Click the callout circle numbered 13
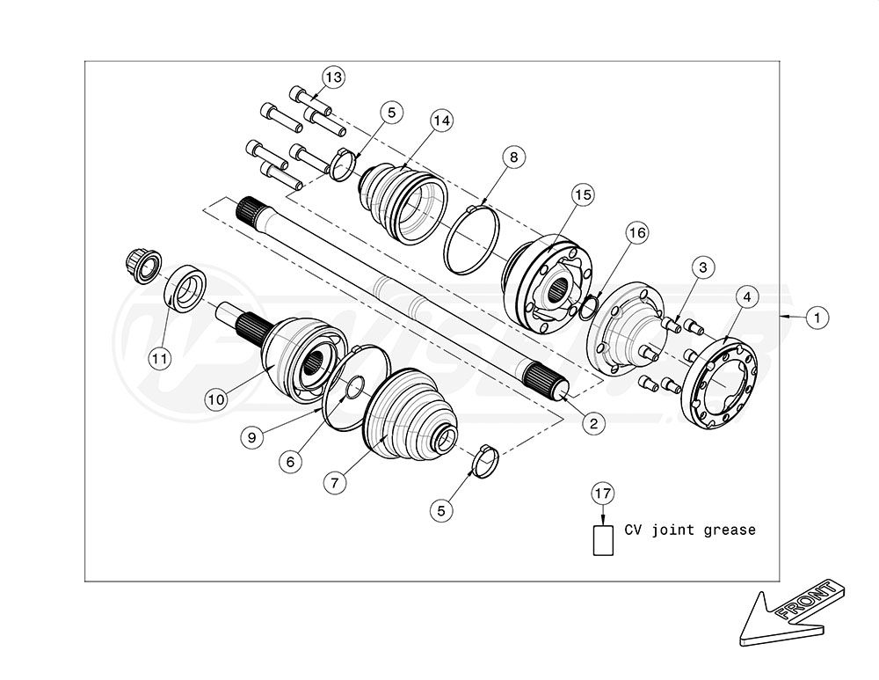coord(333,77)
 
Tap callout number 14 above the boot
coord(441,121)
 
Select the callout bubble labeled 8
coord(514,157)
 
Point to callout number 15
coord(583,194)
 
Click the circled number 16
coord(636,232)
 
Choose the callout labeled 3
coord(703,267)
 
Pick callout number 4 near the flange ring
coord(747,296)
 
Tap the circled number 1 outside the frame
coord(817,318)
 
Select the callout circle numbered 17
coord(603,494)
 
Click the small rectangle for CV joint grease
coord(603,540)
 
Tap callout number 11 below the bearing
coord(159,358)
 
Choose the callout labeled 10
coord(216,399)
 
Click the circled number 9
coord(251,436)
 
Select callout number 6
coord(290,462)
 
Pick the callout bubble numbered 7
coord(335,482)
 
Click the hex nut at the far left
coord(142,265)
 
